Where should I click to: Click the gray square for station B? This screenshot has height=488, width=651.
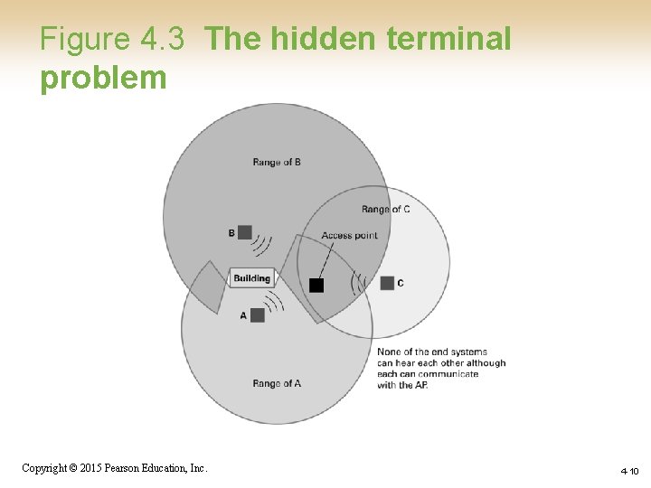[244, 232]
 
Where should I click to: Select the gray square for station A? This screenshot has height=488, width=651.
[258, 314]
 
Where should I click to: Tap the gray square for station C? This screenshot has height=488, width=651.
[387, 283]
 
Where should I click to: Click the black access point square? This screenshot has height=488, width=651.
[316, 286]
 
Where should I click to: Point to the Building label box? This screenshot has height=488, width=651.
[251, 278]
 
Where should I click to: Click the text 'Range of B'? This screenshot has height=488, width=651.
[277, 163]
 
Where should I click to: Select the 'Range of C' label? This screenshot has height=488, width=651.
[385, 210]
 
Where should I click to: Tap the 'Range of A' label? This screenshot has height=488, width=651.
[277, 383]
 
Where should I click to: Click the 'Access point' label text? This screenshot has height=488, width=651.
[349, 236]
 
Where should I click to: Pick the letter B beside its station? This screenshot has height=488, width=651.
[231, 233]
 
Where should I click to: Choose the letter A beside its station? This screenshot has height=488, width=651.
[243, 315]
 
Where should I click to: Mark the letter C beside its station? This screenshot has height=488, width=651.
[401, 284]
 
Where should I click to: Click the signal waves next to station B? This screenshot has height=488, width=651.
[262, 244]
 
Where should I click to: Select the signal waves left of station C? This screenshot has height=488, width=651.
[359, 283]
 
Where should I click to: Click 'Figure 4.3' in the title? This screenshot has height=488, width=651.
[112, 39]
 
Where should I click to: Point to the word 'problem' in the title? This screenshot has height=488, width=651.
[103, 78]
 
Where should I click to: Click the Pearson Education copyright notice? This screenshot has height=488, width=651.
[115, 468]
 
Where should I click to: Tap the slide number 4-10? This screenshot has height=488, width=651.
[629, 471]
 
